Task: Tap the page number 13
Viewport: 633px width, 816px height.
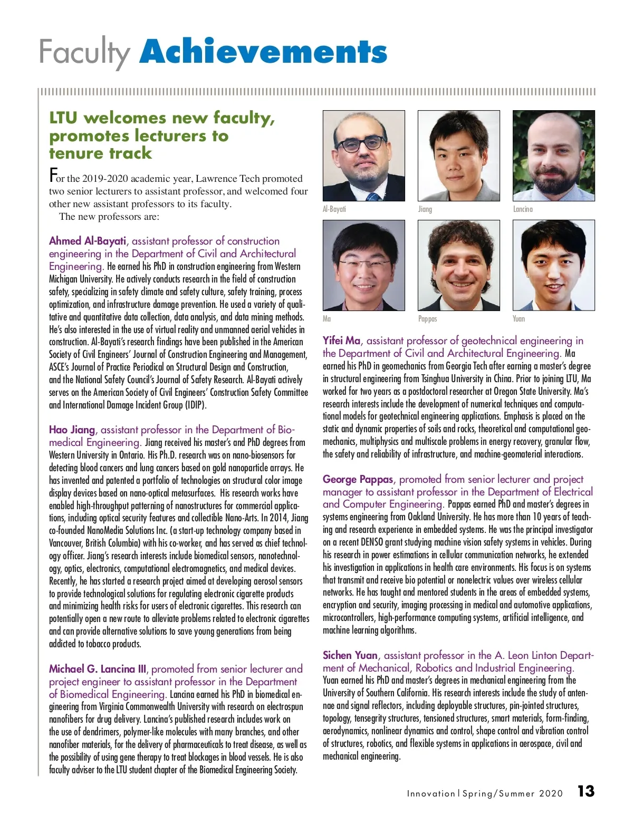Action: [x=586, y=791]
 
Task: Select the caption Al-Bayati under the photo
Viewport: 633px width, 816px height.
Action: [x=334, y=209]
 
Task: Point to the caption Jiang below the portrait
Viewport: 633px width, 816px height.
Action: [x=425, y=209]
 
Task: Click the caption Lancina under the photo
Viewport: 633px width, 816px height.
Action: [x=523, y=209]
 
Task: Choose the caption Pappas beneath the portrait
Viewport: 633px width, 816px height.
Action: [x=427, y=319]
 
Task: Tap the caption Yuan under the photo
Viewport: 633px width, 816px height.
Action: [x=519, y=319]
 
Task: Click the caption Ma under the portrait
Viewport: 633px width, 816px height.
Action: [x=327, y=319]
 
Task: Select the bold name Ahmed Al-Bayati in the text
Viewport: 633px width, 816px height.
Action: [x=88, y=241]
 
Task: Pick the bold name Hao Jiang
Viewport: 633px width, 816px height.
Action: [x=72, y=430]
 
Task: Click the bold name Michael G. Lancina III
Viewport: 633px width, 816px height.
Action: [x=98, y=669]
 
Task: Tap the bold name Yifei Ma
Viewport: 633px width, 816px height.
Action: [x=341, y=341]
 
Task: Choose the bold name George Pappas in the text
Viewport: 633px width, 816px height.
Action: [x=358, y=479]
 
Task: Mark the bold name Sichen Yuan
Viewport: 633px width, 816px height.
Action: [x=350, y=655]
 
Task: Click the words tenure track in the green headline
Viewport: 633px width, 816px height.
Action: [x=100, y=153]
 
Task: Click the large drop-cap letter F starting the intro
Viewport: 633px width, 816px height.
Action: [x=53, y=175]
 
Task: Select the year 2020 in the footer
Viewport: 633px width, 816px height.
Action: [x=551, y=793]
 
